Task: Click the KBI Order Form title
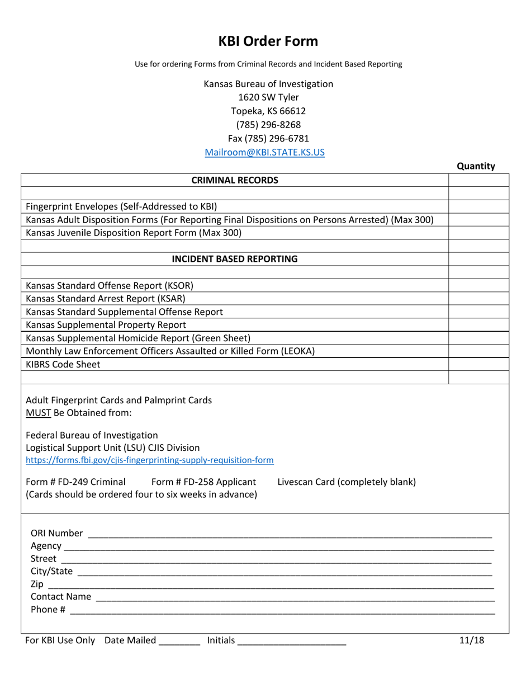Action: (268, 41)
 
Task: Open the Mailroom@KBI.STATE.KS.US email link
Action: (264, 152)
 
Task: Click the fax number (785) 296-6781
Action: (268, 138)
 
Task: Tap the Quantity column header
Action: (476, 166)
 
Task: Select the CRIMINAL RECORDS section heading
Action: (235, 180)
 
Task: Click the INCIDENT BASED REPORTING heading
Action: (235, 259)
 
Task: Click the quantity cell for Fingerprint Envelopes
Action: (478, 206)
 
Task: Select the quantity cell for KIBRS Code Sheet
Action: (478, 365)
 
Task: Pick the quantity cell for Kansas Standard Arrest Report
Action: (478, 299)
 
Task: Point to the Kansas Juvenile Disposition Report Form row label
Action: (134, 233)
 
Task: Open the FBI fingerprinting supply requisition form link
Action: (150, 460)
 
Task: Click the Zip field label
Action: (36, 585)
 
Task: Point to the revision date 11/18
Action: (471, 641)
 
